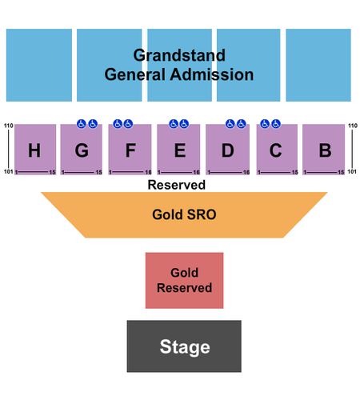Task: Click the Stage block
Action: (184, 346)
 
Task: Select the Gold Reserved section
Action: (184, 280)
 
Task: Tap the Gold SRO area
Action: (184, 214)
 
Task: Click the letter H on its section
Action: (34, 150)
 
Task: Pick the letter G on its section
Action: (82, 150)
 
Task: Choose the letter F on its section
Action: (130, 150)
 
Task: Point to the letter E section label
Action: (180, 150)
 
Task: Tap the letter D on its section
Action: (228, 150)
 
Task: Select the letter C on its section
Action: (275, 150)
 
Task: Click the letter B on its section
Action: (326, 150)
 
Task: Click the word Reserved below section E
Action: (177, 185)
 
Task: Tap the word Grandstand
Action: (179, 55)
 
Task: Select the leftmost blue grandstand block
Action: (39, 65)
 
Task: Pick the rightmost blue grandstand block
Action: (318, 65)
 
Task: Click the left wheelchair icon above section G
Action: (82, 124)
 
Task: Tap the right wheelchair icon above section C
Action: (276, 124)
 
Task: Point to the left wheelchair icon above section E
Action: (174, 124)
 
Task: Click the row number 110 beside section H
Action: (9, 126)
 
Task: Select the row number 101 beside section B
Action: (352, 171)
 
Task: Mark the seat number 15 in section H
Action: (52, 172)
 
